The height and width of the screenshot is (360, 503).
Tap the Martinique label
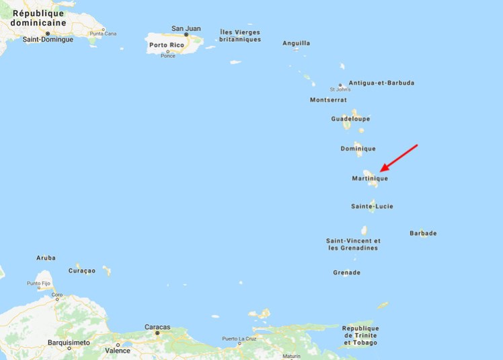click(x=370, y=178)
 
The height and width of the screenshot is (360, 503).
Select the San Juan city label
click(x=186, y=28)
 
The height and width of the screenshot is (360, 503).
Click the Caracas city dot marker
click(x=157, y=333)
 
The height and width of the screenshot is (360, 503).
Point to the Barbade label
click(x=423, y=233)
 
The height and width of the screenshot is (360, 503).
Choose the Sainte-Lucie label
click(x=372, y=206)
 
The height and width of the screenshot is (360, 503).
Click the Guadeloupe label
click(x=350, y=119)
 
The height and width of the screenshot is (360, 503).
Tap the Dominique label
click(x=358, y=149)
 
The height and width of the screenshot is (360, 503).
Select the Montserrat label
click(x=328, y=100)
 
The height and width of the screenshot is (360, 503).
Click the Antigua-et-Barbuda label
click(x=381, y=83)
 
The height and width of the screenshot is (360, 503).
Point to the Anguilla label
click(x=297, y=43)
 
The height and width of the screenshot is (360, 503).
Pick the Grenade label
click(x=346, y=273)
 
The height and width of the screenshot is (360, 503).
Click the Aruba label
click(x=46, y=258)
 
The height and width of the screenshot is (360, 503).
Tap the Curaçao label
click(x=82, y=271)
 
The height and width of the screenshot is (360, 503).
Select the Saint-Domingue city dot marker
click(x=48, y=33)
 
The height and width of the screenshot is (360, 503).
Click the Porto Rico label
click(x=167, y=45)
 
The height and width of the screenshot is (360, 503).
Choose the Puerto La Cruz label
click(x=239, y=338)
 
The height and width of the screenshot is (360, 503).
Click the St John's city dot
click(x=341, y=85)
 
